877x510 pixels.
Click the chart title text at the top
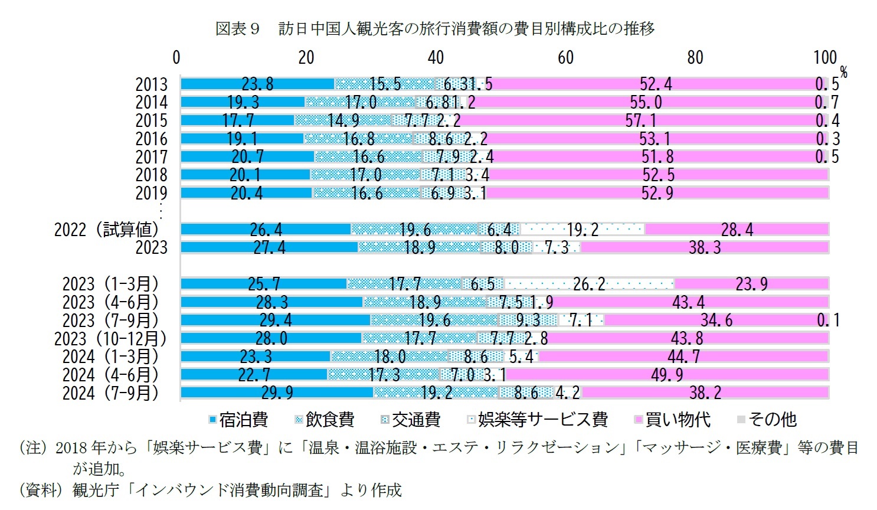point(434,28)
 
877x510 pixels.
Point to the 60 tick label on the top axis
point(565,57)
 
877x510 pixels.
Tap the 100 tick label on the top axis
point(824,57)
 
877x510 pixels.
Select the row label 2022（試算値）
point(107,229)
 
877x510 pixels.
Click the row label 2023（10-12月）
point(110,338)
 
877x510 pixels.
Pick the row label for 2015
point(151,120)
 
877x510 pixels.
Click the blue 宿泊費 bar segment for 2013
point(257,84)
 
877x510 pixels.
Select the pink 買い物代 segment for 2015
point(640,120)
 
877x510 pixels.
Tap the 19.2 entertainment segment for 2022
point(583,229)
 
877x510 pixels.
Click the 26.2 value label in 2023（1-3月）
point(589,284)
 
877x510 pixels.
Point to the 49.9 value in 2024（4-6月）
point(667,375)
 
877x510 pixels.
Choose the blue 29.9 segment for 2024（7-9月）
point(277,393)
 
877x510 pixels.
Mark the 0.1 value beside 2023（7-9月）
point(828,320)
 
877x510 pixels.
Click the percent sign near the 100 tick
point(844,72)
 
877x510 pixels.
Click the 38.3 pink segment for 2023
point(705,247)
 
